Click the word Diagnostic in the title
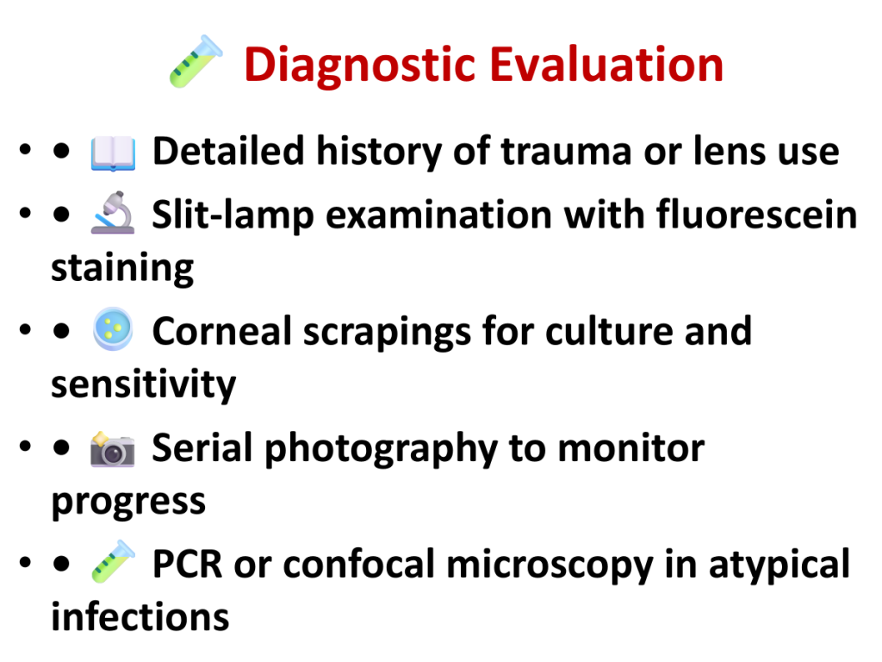pyautogui.click(x=361, y=66)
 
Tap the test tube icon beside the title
pyautogui.click(x=196, y=61)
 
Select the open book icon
pyautogui.click(x=113, y=153)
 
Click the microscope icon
pyautogui.click(x=113, y=212)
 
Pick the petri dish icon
pyautogui.click(x=113, y=328)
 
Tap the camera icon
pyautogui.click(x=113, y=449)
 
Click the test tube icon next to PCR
pyautogui.click(x=113, y=561)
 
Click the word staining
pyautogui.click(x=122, y=269)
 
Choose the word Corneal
pyautogui.click(x=222, y=330)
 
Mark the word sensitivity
pyautogui.click(x=144, y=384)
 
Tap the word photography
pyautogui.click(x=382, y=449)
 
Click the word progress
pyautogui.click(x=129, y=503)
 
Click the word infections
pyautogui.click(x=140, y=615)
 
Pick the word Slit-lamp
pyautogui.click(x=233, y=215)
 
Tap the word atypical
pyautogui.click(x=780, y=565)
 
